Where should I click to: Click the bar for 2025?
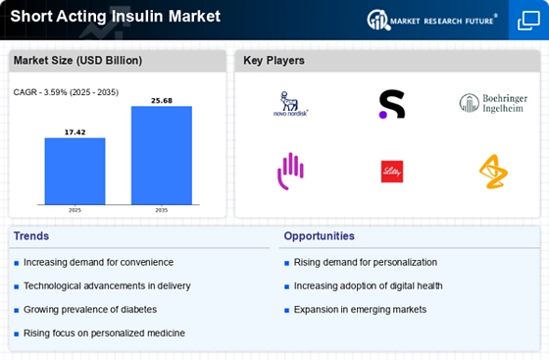coord(75,173)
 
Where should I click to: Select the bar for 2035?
coord(161,157)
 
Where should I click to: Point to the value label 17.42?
coord(75,130)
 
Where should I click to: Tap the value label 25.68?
coord(161,99)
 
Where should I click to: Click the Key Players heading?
coord(274,61)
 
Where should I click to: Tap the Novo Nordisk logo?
coord(289,104)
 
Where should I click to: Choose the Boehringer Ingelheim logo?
coord(493,103)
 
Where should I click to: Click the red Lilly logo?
coord(392,171)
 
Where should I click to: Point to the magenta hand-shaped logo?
coord(290,171)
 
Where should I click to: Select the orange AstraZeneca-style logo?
coord(493,171)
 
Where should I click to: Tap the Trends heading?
coord(32,235)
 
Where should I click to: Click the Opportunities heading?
coord(319,235)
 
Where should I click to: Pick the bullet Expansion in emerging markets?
coord(360,309)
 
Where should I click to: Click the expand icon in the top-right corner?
coord(526,20)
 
